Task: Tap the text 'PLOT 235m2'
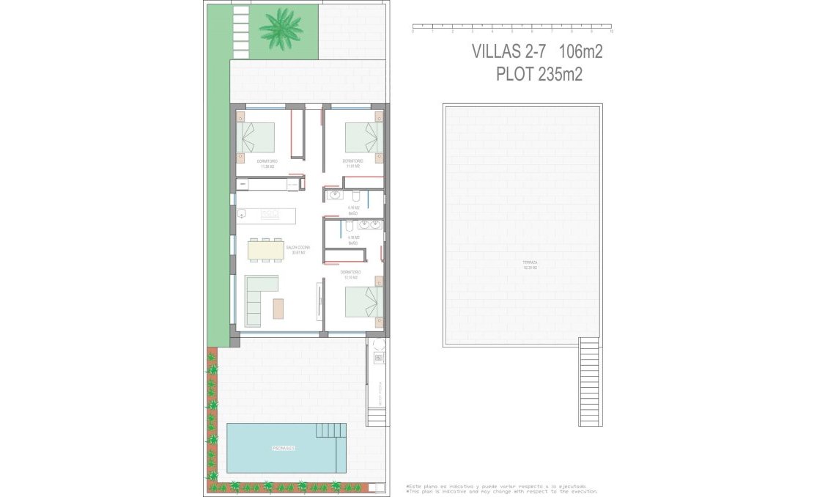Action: (539, 75)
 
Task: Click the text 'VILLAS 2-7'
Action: (508, 52)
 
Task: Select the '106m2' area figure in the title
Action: (580, 52)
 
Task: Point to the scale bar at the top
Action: (511, 29)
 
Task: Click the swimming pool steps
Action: (331, 430)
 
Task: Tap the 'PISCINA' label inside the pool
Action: (282, 448)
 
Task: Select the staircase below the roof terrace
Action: (590, 382)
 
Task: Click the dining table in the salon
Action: (265, 251)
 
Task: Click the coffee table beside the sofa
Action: (278, 309)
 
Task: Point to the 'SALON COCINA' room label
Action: (297, 248)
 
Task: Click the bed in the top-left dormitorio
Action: (256, 137)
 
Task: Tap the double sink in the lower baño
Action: (369, 224)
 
